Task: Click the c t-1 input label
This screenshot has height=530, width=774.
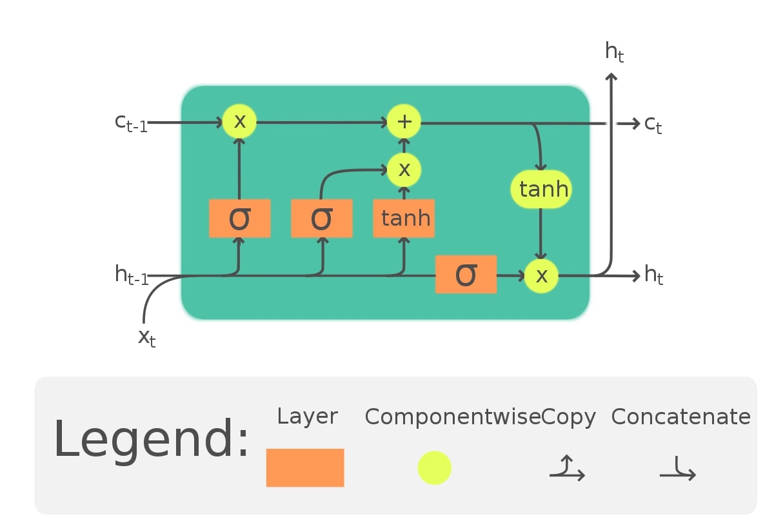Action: pos(131,122)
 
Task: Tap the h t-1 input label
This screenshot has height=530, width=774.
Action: pos(132,275)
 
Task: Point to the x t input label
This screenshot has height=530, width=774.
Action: pos(147,337)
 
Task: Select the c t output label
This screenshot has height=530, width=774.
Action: pos(653,124)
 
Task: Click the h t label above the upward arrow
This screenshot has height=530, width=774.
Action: pos(614,52)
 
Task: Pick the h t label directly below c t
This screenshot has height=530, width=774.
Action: pos(653,276)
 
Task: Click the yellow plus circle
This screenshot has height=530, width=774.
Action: pos(404,121)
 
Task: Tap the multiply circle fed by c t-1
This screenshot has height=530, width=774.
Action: pos(239,121)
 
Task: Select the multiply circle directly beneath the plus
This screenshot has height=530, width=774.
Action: pos(404,170)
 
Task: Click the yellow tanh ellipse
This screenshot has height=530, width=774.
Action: pos(541,190)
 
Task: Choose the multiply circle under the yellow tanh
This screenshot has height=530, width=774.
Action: pos(541,276)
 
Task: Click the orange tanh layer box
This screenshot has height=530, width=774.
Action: pos(404,219)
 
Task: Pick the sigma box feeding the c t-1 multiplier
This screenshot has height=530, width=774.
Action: pos(239,219)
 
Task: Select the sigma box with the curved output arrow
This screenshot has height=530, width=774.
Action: pos(321,219)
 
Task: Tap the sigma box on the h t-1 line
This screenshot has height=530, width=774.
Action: pos(466,275)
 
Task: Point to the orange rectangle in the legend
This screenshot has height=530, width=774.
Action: pos(305,467)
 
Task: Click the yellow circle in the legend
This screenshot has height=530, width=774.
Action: pos(434,467)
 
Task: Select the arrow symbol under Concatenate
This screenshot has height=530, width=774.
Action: pos(678,469)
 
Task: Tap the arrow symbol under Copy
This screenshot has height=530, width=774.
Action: pos(567,469)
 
